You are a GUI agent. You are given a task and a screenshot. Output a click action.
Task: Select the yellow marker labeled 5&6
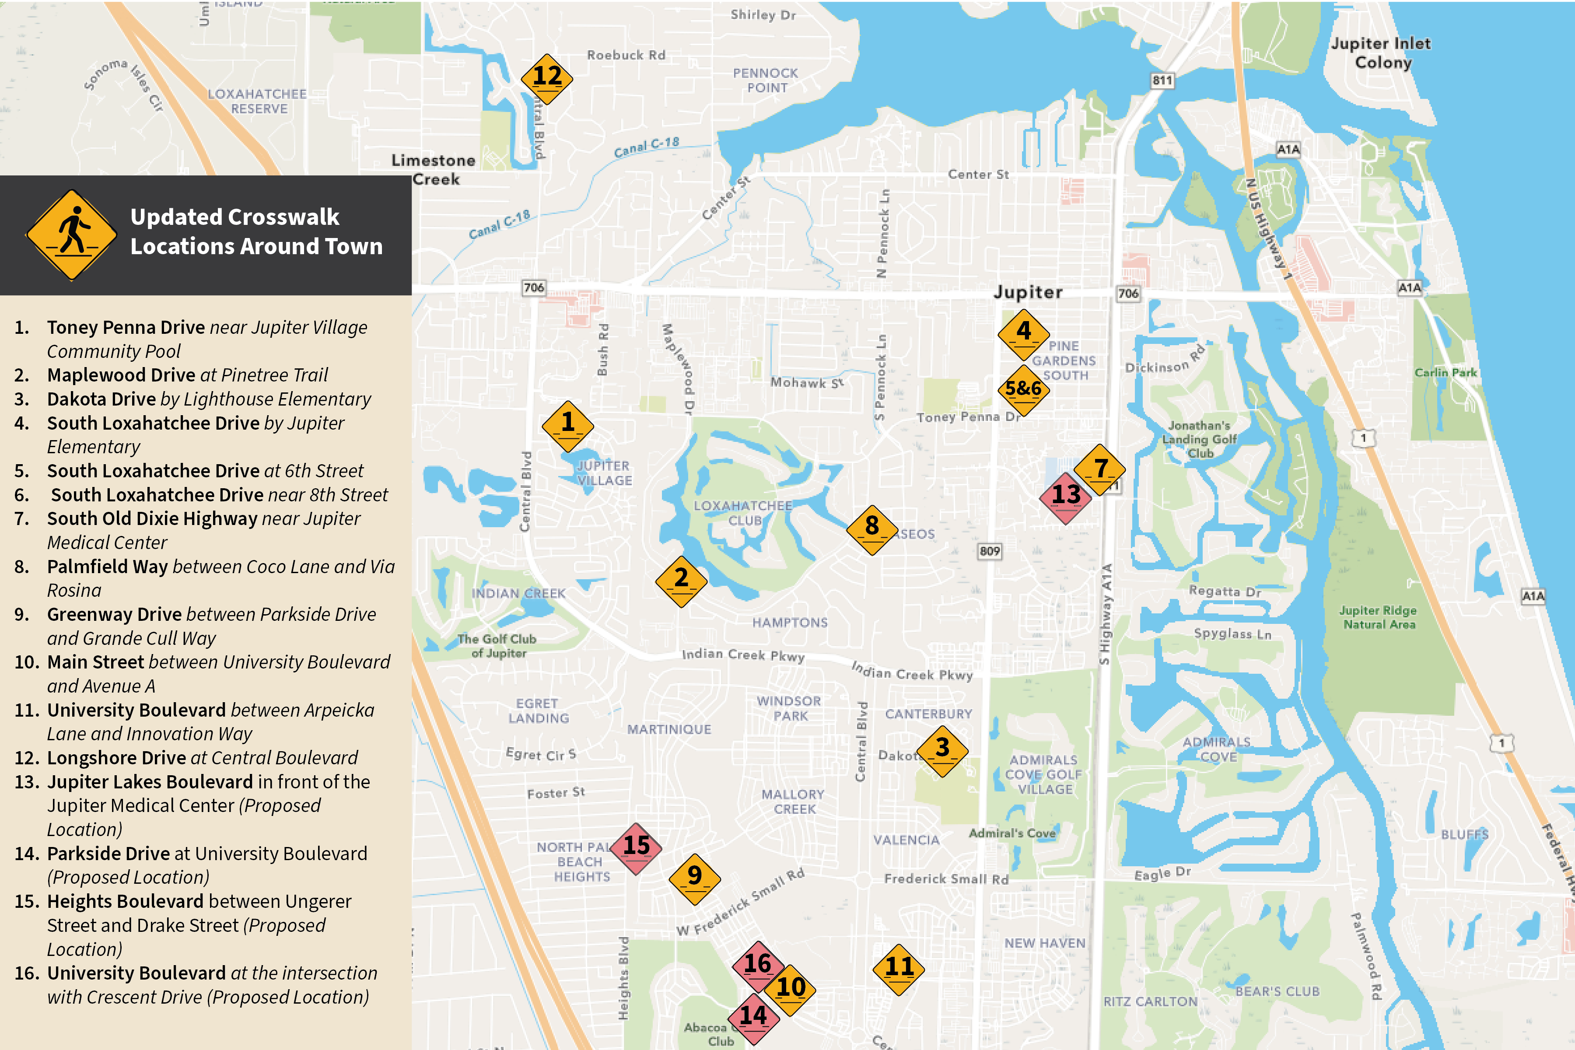coord(1023,390)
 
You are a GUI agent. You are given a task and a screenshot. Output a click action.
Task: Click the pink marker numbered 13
coord(1065,497)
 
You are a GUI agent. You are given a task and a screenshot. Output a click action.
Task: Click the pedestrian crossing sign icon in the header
coord(72,234)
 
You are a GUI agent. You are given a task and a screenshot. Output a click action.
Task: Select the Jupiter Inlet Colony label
coord(1380,53)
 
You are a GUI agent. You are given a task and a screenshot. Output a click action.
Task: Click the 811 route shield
coord(1162,81)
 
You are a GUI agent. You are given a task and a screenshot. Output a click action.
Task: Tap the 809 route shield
coord(989,551)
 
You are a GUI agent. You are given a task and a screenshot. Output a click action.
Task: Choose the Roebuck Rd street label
coord(626,55)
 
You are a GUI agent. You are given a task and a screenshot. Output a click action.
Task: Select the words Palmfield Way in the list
coord(107,567)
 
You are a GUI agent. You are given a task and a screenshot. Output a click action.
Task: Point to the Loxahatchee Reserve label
coord(257,101)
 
